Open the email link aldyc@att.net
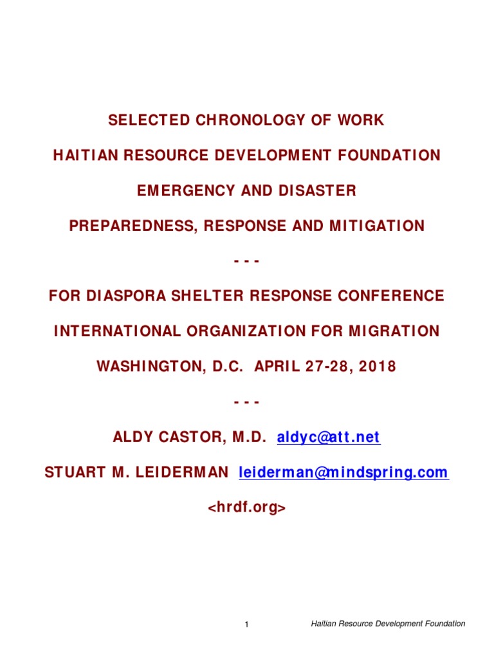[329, 438]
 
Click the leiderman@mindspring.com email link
[343, 473]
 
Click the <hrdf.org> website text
[246, 508]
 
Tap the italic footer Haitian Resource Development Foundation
[388, 624]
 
